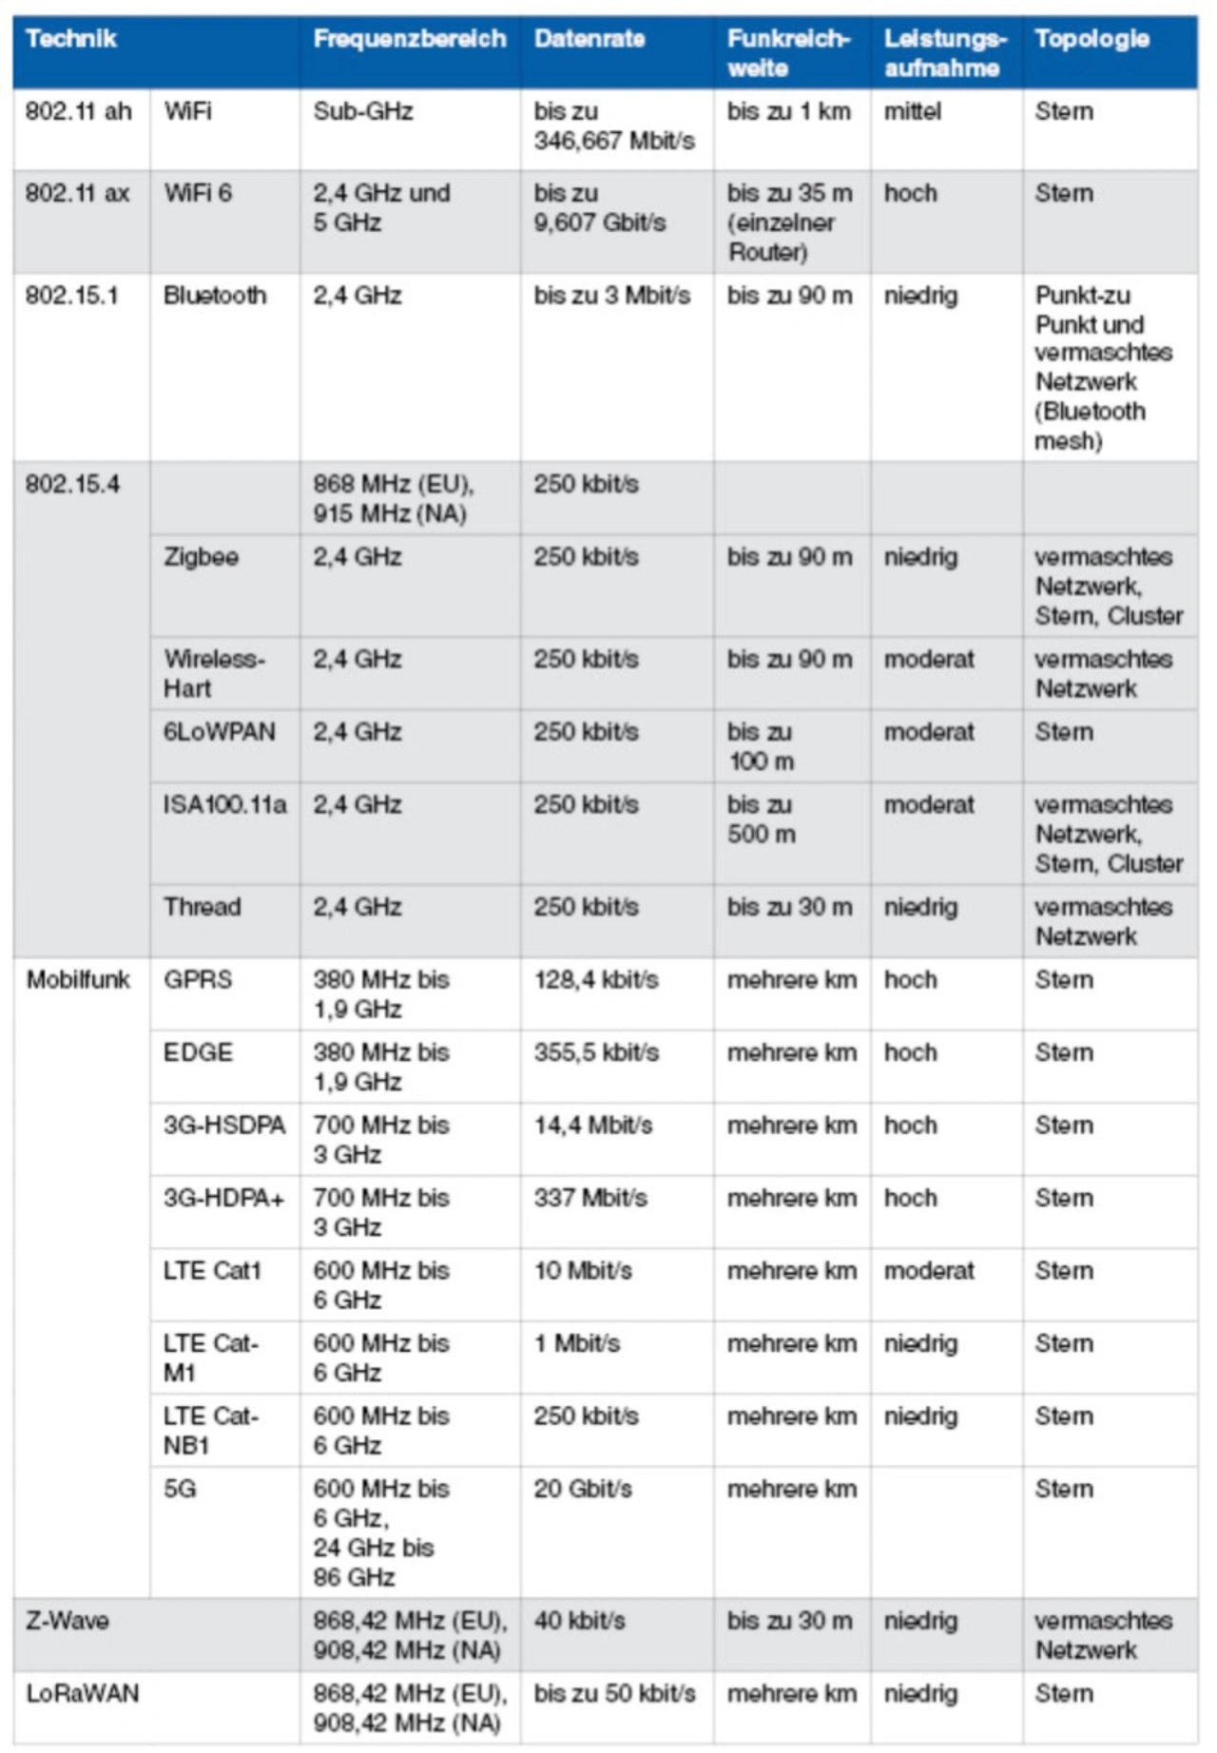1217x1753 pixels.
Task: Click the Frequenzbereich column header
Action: [x=409, y=39]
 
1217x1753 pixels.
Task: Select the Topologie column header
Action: [x=1091, y=39]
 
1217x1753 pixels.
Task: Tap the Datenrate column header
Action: [x=589, y=39]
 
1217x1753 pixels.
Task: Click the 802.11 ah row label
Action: [x=78, y=111]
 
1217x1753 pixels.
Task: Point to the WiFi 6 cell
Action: [x=198, y=193]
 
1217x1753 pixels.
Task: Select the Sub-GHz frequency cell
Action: [x=363, y=111]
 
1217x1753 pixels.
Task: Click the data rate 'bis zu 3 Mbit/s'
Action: [x=611, y=296]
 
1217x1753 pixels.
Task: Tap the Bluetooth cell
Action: [x=215, y=296]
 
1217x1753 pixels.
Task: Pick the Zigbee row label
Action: [x=201, y=557]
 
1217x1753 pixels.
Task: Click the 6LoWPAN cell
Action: [x=220, y=732]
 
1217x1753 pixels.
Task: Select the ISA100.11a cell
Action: [x=224, y=805]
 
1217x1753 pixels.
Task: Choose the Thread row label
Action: [x=202, y=907]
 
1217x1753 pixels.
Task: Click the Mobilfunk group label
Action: [x=78, y=980]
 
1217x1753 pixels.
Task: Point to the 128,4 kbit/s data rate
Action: [x=595, y=980]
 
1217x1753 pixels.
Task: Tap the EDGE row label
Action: [x=198, y=1052]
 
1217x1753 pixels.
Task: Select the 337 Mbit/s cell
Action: [x=589, y=1198]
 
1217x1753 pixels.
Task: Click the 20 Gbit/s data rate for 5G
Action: [x=582, y=1489]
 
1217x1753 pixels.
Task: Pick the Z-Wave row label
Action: [x=68, y=1621]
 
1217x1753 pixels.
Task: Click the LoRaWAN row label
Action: [x=83, y=1693]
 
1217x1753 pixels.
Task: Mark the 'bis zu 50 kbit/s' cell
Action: [x=614, y=1693]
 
